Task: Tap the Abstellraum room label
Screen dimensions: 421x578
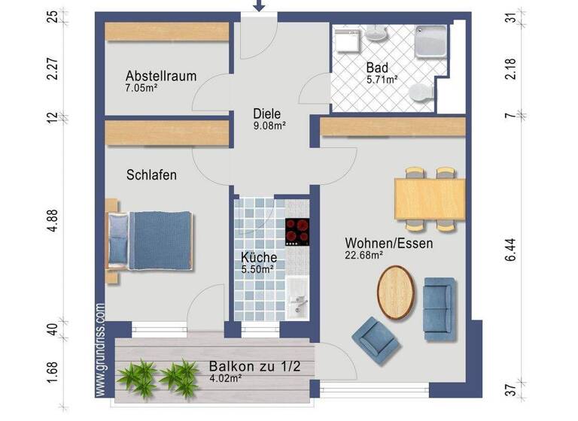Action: pos(161,76)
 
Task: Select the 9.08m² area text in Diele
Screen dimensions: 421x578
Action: pos(269,126)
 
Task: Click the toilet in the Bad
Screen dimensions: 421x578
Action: pos(421,93)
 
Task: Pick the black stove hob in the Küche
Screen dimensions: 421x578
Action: pos(297,232)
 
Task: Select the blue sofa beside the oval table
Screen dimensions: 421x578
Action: pos(439,304)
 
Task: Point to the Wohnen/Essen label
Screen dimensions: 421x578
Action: pos(388,244)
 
